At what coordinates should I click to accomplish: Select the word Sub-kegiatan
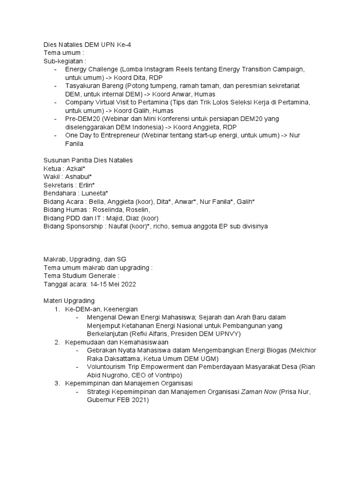point(64,61)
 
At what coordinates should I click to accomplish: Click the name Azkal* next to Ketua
point(75,168)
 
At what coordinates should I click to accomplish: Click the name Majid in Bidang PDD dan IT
point(112,218)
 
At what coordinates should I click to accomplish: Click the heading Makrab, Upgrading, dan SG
point(85,259)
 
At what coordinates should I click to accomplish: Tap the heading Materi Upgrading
point(69,300)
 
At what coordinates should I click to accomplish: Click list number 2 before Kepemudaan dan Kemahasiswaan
point(57,342)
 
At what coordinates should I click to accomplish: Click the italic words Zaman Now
point(259,392)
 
